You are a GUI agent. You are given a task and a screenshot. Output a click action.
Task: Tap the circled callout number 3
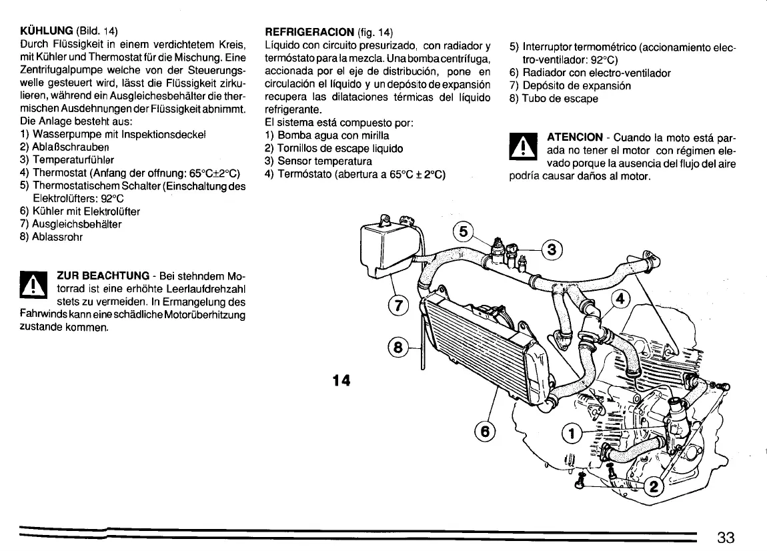click(551, 250)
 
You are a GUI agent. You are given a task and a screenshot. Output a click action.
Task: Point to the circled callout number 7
click(398, 306)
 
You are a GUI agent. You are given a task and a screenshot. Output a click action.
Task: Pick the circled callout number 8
click(398, 348)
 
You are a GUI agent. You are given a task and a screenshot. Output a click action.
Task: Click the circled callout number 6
click(485, 432)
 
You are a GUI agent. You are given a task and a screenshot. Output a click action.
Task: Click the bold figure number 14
click(341, 380)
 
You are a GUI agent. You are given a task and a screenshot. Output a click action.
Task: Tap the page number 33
click(726, 538)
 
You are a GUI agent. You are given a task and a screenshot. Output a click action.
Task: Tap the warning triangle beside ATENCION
click(522, 149)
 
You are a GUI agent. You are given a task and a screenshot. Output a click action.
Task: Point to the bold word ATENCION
click(574, 137)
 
